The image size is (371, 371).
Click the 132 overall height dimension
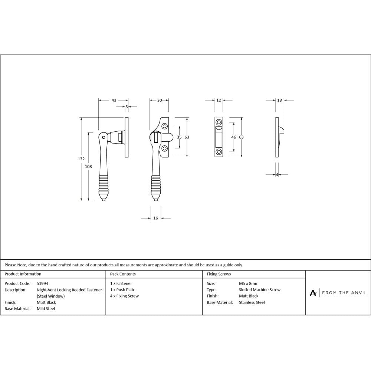(x=81, y=159)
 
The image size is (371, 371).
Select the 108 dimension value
(x=88, y=167)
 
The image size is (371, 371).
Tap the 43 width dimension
(x=114, y=100)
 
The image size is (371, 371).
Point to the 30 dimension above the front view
(x=159, y=100)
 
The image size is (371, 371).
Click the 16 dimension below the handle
(x=155, y=218)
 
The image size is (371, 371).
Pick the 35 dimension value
(x=179, y=137)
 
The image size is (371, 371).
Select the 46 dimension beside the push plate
(x=234, y=137)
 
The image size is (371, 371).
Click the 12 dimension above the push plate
(x=219, y=100)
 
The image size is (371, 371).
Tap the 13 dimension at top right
(x=279, y=100)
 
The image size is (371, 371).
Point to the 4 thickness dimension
(x=277, y=175)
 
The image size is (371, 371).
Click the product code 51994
(x=43, y=283)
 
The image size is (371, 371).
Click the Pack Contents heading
(x=123, y=274)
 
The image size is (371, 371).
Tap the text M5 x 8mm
(x=249, y=283)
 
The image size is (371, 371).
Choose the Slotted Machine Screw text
(x=260, y=290)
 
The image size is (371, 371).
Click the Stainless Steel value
(x=252, y=302)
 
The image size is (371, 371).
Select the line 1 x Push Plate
(x=123, y=290)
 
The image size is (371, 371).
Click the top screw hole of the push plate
(x=219, y=122)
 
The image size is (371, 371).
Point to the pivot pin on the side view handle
(x=104, y=138)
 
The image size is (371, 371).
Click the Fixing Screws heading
(x=219, y=274)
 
